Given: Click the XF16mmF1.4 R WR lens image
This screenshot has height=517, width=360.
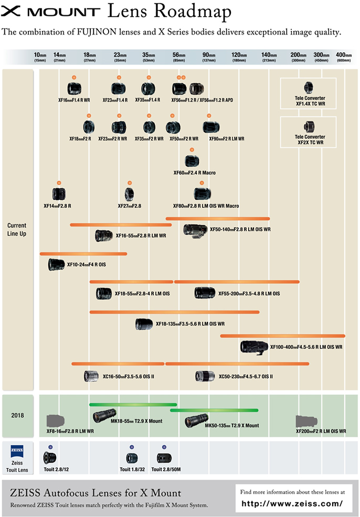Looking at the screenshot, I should [x=74, y=88].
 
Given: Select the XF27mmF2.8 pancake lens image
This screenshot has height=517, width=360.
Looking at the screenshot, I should [x=130, y=194].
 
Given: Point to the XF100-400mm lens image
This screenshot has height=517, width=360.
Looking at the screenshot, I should [x=255, y=347].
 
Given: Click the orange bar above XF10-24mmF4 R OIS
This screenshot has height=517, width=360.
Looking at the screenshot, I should [x=83, y=254].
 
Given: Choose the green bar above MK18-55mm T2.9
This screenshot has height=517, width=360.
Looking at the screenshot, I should [x=133, y=405].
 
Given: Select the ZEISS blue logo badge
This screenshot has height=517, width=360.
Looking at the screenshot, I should [x=17, y=450].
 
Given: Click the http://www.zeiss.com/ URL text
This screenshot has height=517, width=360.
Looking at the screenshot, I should [x=293, y=503].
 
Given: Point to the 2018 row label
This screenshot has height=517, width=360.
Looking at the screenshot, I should [x=18, y=415].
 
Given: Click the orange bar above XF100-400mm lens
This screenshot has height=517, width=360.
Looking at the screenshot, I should [x=282, y=336].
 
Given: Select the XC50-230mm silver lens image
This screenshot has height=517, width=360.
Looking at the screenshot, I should [x=205, y=376].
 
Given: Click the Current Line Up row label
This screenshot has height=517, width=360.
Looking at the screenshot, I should [x=17, y=229].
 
